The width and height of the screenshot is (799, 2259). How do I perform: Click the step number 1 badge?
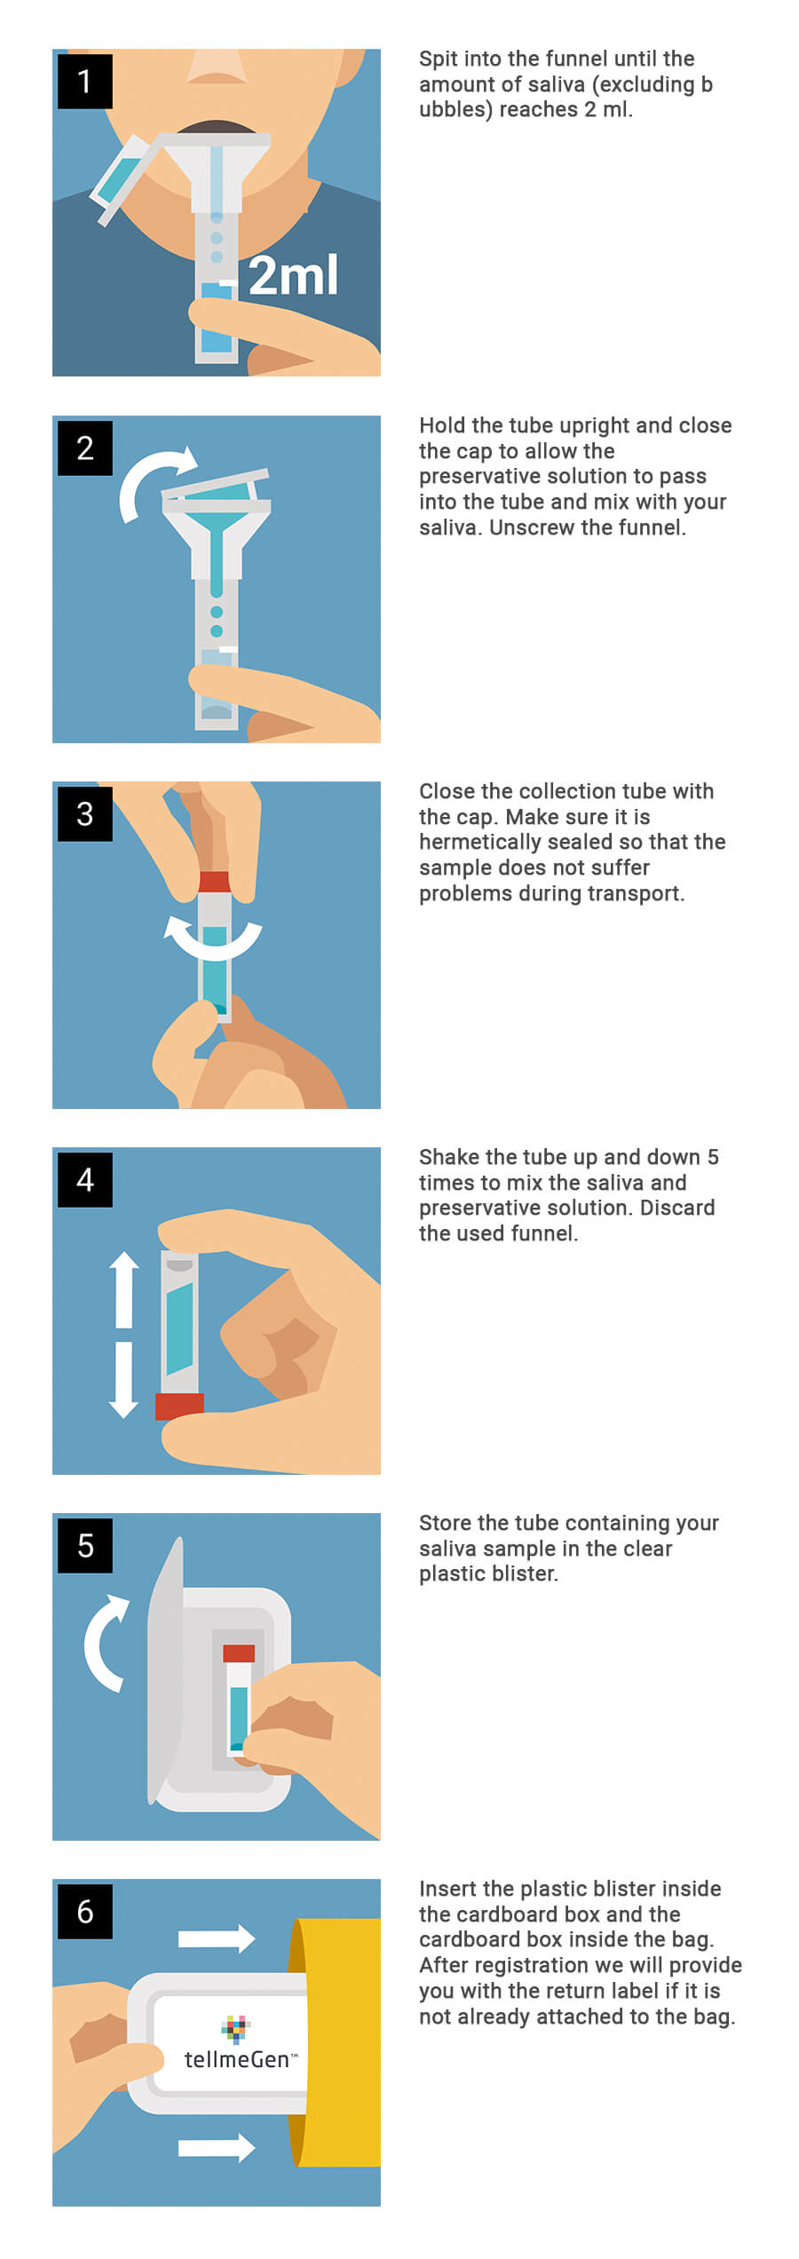[85, 82]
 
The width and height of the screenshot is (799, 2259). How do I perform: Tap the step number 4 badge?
[85, 1179]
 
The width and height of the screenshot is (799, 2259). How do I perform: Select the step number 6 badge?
[85, 1911]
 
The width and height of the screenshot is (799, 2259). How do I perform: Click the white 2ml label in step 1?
[293, 275]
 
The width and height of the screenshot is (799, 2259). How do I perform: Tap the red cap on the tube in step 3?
[214, 882]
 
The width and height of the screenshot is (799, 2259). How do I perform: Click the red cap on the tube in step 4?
[179, 1407]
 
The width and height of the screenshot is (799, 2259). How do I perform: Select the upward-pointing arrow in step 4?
[124, 1289]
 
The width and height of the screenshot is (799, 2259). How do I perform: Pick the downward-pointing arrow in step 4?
[124, 1380]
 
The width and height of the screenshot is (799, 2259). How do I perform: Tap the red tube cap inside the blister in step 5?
[239, 1653]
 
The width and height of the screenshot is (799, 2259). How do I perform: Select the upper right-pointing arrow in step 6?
[217, 1938]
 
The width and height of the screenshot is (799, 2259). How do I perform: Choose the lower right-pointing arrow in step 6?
[217, 2147]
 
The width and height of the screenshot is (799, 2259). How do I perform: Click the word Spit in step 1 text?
[437, 59]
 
